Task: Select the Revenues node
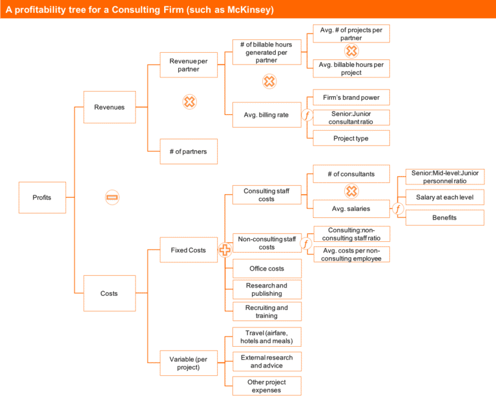(x=109, y=108)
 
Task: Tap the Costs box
(x=109, y=293)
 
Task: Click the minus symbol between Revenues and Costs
(x=112, y=197)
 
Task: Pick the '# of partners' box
(x=189, y=152)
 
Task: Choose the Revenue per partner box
(x=189, y=65)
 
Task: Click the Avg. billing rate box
(x=266, y=115)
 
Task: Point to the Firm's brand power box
(x=351, y=98)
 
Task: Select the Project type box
(x=351, y=138)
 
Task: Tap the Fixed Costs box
(x=189, y=249)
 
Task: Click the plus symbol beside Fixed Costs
(x=225, y=250)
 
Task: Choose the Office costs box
(x=266, y=269)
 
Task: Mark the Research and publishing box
(x=266, y=289)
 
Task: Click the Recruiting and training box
(x=266, y=311)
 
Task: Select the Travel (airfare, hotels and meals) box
(x=266, y=337)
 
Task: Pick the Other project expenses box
(x=266, y=386)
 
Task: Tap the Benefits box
(x=444, y=218)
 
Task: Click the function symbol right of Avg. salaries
(x=398, y=208)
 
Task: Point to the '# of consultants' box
(x=351, y=173)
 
